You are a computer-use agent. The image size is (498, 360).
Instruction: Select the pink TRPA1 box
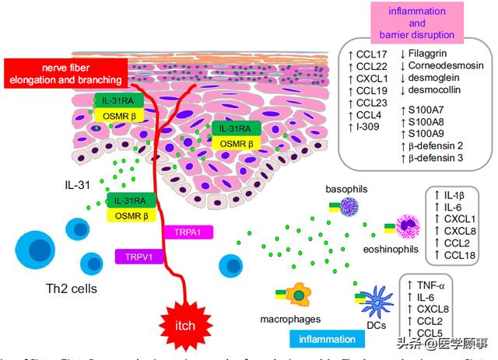(184, 232)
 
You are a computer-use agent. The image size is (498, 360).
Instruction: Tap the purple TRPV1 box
(136, 255)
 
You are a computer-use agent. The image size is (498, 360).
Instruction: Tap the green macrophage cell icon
(296, 295)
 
